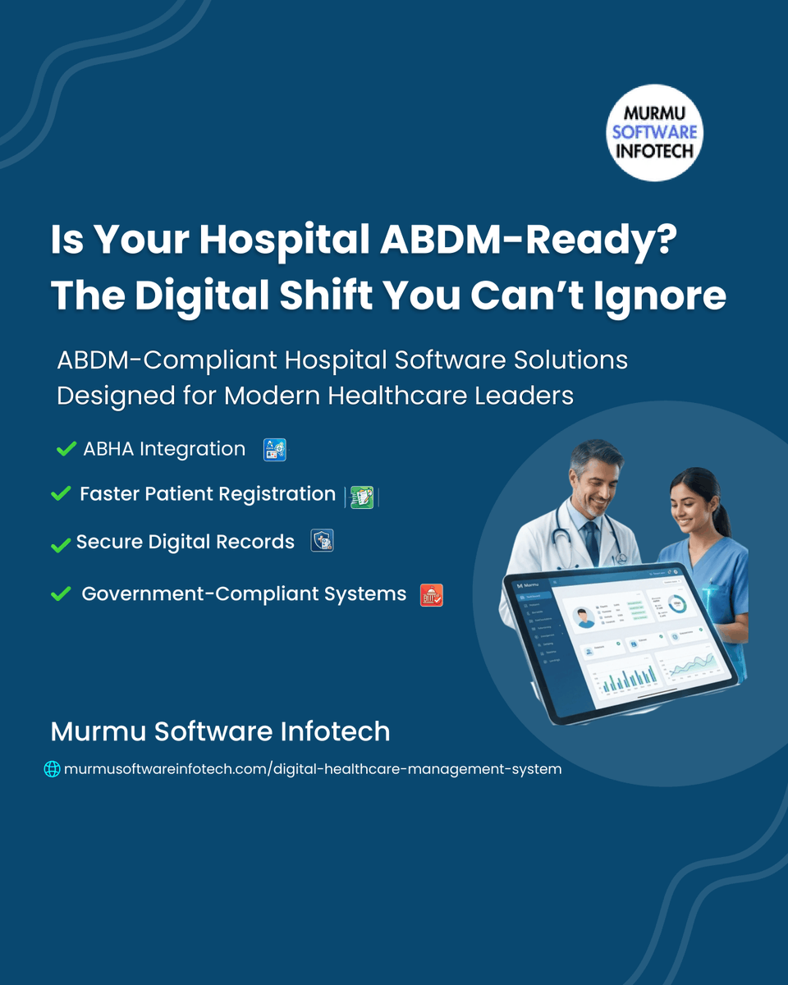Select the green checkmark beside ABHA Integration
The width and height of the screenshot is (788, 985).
66,449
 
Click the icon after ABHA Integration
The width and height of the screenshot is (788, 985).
274,450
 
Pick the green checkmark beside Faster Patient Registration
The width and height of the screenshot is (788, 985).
61,494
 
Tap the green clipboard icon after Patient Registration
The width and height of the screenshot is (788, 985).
362,497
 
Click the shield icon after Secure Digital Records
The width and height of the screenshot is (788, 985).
322,542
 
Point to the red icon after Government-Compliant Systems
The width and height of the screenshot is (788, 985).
432,595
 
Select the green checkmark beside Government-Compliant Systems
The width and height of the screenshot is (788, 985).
61,593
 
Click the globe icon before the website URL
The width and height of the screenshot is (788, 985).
52,769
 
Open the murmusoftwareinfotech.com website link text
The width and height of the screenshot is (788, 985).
313,769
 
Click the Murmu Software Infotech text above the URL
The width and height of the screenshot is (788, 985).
220,731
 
